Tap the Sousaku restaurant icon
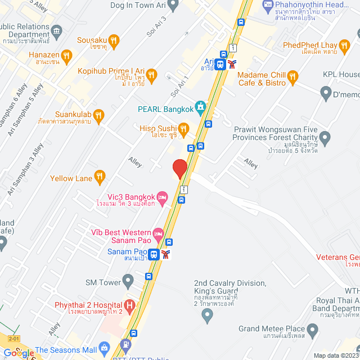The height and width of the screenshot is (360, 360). click(x=114, y=40)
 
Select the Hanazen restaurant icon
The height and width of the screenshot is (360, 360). click(x=67, y=55)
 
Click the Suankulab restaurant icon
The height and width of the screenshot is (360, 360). click(x=99, y=116)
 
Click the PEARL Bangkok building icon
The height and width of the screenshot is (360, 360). click(x=201, y=107)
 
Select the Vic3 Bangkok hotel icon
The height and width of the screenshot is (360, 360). click(x=163, y=196)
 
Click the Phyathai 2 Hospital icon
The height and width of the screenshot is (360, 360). click(x=130, y=305)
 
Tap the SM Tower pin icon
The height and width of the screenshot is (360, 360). click(x=128, y=280)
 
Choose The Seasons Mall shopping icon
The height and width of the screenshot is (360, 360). click(x=103, y=349)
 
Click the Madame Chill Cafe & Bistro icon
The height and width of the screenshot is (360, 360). click(x=292, y=76)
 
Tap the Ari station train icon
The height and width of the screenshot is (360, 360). click(x=220, y=64)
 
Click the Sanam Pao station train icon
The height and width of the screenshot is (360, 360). click(x=154, y=254)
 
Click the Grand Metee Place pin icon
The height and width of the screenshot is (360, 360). click(x=308, y=328)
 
